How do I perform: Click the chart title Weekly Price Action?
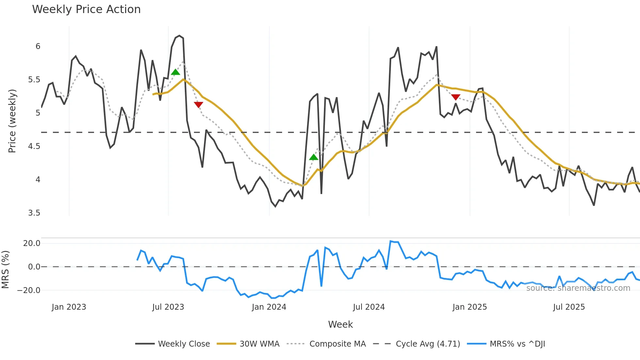[x=86, y=9]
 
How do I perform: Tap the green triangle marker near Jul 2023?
[x=175, y=72]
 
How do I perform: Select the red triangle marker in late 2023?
[x=199, y=105]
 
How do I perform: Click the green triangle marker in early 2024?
[x=313, y=157]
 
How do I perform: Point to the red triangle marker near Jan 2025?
[x=456, y=97]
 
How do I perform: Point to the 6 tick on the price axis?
[x=38, y=46]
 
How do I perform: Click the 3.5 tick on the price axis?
[x=34, y=213]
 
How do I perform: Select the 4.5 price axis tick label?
[x=34, y=146]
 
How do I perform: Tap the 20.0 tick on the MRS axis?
[x=32, y=243]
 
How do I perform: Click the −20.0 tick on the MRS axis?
[x=29, y=290]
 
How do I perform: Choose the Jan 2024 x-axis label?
[x=269, y=307]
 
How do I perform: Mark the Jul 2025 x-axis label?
[x=569, y=307]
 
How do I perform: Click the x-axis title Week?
[x=340, y=324]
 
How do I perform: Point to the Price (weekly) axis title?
[x=12, y=121]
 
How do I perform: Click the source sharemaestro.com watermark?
[x=578, y=288]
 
